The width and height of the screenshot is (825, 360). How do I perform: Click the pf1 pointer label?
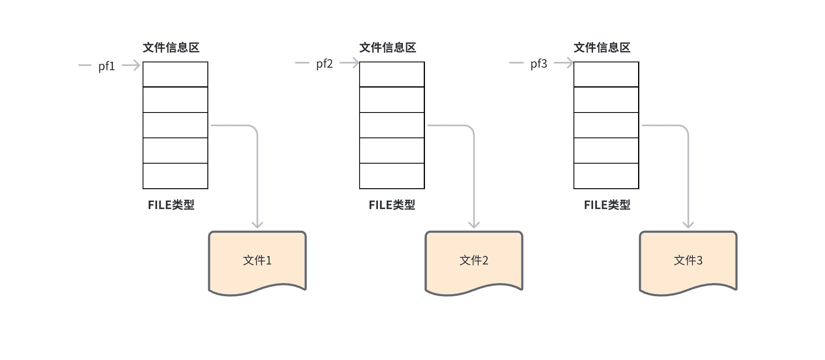pyautogui.click(x=106, y=66)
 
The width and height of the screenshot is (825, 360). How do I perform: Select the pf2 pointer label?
pyautogui.click(x=324, y=64)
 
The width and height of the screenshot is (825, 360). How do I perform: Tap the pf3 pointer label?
pyautogui.click(x=539, y=64)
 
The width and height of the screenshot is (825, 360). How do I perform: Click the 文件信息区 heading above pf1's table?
pyautogui.click(x=171, y=47)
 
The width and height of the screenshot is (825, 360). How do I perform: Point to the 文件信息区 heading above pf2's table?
pyautogui.click(x=387, y=47)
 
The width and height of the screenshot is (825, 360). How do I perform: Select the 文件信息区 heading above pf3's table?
pyautogui.click(x=602, y=47)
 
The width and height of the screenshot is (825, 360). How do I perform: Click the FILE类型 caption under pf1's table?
pyautogui.click(x=171, y=205)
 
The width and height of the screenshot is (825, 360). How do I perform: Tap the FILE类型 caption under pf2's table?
pyautogui.click(x=392, y=205)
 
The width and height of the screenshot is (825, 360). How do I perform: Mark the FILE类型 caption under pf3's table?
pyautogui.click(x=607, y=205)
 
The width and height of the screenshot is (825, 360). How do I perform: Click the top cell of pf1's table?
pyautogui.click(x=175, y=74)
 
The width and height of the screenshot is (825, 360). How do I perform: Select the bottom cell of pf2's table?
pyautogui.click(x=392, y=176)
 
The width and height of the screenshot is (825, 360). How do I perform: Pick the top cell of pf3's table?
pyautogui.click(x=606, y=74)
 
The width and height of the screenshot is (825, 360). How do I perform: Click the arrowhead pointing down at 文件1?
pyautogui.click(x=257, y=225)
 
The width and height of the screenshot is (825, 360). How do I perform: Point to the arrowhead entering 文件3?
pyautogui.click(x=688, y=225)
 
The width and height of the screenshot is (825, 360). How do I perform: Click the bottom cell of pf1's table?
pyautogui.click(x=175, y=176)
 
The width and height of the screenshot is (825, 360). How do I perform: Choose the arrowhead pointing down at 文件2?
pyautogui.click(x=474, y=225)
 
